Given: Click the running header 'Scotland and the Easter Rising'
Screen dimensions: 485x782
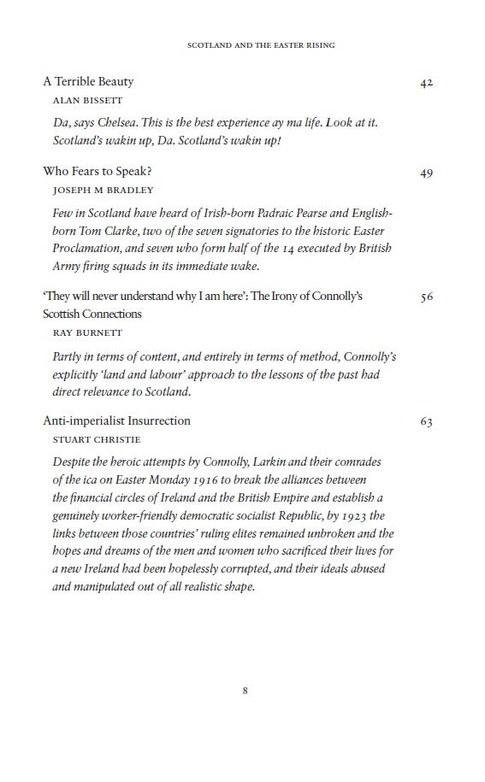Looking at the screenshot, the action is tap(261, 45).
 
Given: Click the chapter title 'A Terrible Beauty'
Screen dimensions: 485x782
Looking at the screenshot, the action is tap(89, 82).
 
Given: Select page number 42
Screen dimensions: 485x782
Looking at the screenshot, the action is tap(427, 83).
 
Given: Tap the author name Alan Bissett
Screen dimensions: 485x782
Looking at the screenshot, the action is tap(87, 100).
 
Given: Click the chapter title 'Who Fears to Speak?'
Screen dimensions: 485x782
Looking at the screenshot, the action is tap(98, 172).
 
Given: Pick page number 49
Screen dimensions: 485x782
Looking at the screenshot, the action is tap(427, 173).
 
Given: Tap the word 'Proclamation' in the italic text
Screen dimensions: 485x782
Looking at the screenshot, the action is tap(90, 248).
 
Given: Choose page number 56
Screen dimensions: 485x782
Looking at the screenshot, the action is tap(427, 297).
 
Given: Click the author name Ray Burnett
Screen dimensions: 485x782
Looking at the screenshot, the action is tap(87, 332).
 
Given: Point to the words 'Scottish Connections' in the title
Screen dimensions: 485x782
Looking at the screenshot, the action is tap(92, 314).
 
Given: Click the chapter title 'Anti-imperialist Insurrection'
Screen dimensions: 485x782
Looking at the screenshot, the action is tap(116, 421).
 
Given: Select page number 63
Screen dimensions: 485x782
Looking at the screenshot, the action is tap(427, 422).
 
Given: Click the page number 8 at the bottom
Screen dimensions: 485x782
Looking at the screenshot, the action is tap(245, 691).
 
